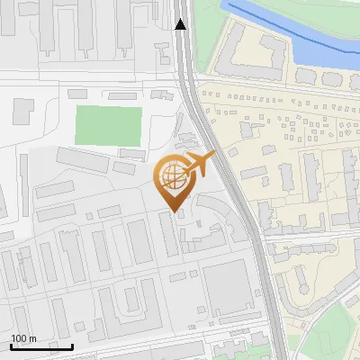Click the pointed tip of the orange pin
point(175,212)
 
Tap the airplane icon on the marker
point(201,164)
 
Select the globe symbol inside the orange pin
point(174,175)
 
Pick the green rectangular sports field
point(109,125)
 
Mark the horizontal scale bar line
point(41,346)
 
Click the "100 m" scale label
point(23,338)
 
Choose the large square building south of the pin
point(225,287)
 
